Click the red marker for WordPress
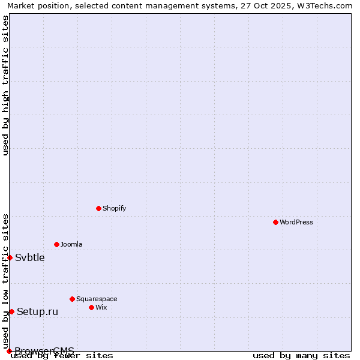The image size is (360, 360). (275, 222)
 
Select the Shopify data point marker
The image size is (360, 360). (98, 208)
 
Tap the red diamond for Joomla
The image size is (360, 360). (56, 244)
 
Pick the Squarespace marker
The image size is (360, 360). (72, 299)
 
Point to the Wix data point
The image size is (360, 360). (91, 307)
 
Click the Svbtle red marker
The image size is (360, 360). (10, 257)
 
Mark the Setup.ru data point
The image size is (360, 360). (11, 311)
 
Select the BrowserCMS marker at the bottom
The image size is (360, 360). (9, 351)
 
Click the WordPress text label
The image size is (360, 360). (296, 222)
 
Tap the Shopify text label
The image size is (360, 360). (114, 208)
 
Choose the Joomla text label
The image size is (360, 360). (71, 244)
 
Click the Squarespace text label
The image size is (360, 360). (97, 299)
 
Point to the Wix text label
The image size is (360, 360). (101, 307)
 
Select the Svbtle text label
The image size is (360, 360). (30, 257)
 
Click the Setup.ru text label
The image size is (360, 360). (37, 311)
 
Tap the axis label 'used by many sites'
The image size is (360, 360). (301, 355)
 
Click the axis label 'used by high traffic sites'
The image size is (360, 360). (6, 85)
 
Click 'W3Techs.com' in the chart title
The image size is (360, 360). (322, 5)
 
